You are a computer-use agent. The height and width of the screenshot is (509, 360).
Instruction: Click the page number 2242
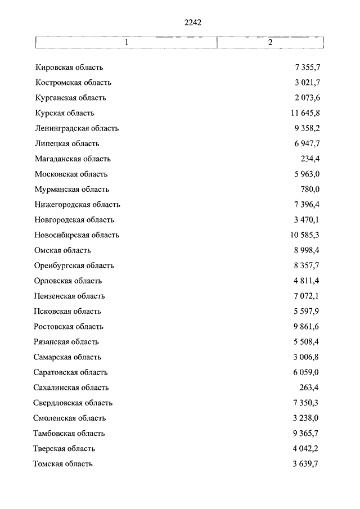click(192, 22)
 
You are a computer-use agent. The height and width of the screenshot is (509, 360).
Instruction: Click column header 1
click(127, 43)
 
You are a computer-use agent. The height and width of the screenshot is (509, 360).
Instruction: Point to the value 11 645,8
click(305, 113)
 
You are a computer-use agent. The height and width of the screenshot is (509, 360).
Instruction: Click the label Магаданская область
click(73, 159)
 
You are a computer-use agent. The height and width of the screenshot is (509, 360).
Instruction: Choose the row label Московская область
click(71, 174)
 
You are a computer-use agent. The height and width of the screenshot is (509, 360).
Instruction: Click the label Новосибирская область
click(76, 235)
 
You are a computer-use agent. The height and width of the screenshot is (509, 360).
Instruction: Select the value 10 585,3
click(305, 235)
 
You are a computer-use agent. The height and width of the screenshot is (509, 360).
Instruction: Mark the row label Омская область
click(62, 250)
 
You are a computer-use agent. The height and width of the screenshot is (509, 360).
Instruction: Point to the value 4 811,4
click(307, 281)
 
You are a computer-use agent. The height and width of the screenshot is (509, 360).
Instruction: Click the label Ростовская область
click(69, 326)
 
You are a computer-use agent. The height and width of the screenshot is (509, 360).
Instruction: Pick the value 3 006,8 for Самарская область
click(307, 357)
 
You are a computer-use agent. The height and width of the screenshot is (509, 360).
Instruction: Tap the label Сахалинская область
click(71, 387)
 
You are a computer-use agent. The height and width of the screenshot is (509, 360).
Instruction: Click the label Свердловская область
click(73, 403)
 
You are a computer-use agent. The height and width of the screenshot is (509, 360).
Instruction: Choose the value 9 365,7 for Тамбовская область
click(307, 433)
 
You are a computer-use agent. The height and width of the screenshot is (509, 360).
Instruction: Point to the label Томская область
click(63, 463)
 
